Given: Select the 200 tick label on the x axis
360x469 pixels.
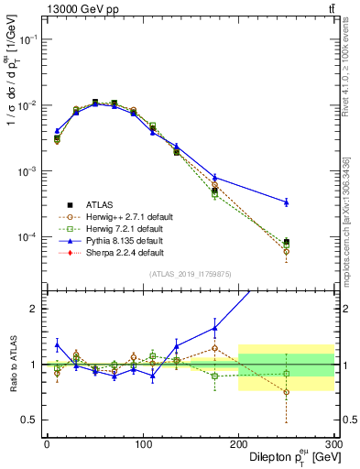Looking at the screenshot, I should (x=238, y=442).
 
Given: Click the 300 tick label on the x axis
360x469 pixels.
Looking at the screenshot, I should (x=333, y=442).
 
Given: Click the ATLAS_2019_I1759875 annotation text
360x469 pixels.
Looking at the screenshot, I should (x=190, y=272).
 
